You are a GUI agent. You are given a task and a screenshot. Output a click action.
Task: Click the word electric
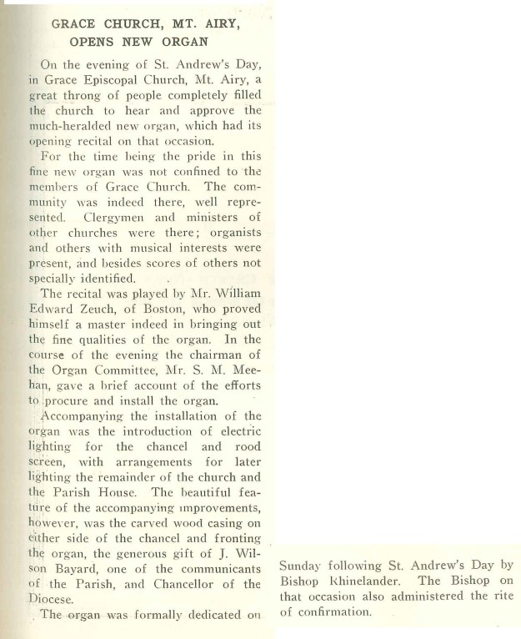click(x=236, y=430)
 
